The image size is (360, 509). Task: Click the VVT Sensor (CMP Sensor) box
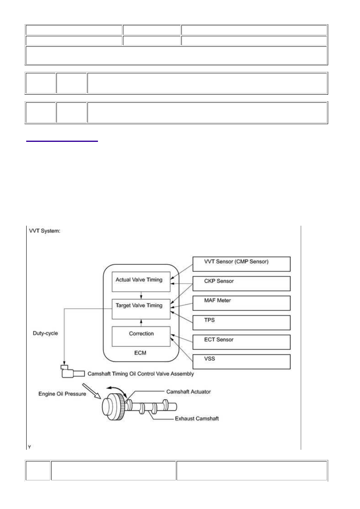(241, 264)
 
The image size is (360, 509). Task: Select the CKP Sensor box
(241, 284)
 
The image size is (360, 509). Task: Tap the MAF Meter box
(241, 303)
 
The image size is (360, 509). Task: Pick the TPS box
(241, 323)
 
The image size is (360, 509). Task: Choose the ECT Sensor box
(241, 342)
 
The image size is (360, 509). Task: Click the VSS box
(241, 362)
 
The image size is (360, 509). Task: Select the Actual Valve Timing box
(141, 282)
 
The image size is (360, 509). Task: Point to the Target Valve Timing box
(141, 309)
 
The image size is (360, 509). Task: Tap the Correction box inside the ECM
(141, 337)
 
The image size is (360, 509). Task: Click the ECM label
(140, 353)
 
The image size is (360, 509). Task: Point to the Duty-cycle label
(45, 333)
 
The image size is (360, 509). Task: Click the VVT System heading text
(44, 231)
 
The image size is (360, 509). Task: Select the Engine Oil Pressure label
(62, 394)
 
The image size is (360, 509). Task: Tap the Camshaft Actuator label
(188, 392)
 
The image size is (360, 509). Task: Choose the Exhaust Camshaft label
(197, 419)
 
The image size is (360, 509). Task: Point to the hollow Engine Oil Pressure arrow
(92, 391)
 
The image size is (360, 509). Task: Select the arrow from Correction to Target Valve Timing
(141, 323)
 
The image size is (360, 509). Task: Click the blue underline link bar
(62, 141)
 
